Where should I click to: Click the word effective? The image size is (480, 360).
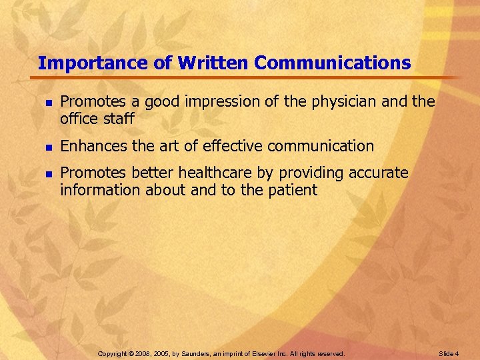236,145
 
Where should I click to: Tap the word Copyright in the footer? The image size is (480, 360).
114,353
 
